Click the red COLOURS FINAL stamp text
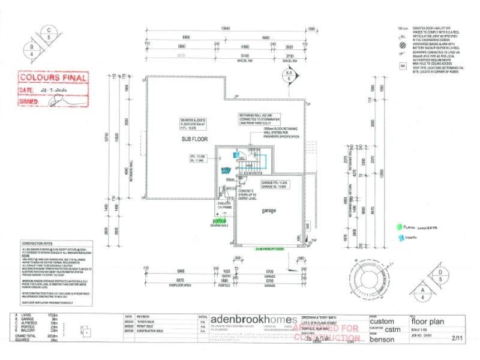click(53, 78)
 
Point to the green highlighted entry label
click(226, 170)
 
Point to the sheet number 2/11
click(457, 339)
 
